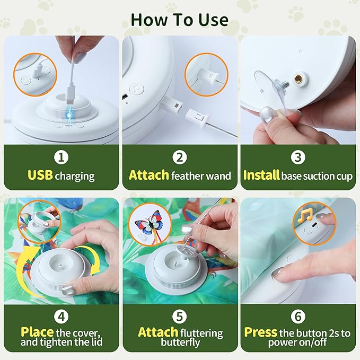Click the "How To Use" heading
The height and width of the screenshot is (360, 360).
coord(180,20)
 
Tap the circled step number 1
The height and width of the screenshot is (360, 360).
coord(62,157)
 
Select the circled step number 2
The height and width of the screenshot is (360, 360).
coord(180,157)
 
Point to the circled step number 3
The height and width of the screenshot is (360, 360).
coord(298,157)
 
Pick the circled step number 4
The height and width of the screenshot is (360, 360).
coord(62,317)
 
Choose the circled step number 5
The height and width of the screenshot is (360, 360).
coord(180,317)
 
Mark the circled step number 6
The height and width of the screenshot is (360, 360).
coord(298,317)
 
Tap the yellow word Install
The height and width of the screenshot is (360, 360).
coord(261,175)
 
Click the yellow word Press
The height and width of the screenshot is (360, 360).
coord(260,332)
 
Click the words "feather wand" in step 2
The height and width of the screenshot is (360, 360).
coord(201,175)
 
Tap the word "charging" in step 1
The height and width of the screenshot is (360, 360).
coord(75,175)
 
